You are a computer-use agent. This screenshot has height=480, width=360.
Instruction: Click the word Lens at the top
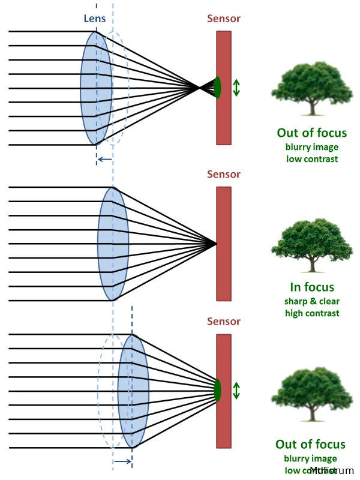click(94, 19)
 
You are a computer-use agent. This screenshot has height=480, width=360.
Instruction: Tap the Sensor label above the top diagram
click(224, 19)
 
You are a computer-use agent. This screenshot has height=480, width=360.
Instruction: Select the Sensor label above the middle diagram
click(224, 175)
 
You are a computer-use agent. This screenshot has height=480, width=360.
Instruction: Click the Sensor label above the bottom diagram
click(224, 322)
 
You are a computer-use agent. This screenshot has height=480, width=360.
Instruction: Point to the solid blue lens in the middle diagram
click(113, 244)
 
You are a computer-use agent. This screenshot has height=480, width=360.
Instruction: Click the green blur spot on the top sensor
click(217, 88)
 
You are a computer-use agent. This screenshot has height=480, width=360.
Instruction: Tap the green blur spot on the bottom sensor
click(217, 390)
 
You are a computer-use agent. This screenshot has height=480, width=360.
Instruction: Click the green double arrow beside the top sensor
click(236, 88)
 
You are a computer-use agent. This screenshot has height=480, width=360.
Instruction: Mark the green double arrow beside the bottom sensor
click(236, 390)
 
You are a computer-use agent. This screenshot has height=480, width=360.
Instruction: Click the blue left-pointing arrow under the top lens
click(104, 159)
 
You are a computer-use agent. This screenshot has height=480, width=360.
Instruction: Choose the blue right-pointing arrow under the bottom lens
click(122, 461)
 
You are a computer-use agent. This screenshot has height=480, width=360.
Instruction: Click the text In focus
click(311, 287)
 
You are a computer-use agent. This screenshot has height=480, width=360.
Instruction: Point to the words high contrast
click(311, 313)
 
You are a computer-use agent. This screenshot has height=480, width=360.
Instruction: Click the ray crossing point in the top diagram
click(199, 88)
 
